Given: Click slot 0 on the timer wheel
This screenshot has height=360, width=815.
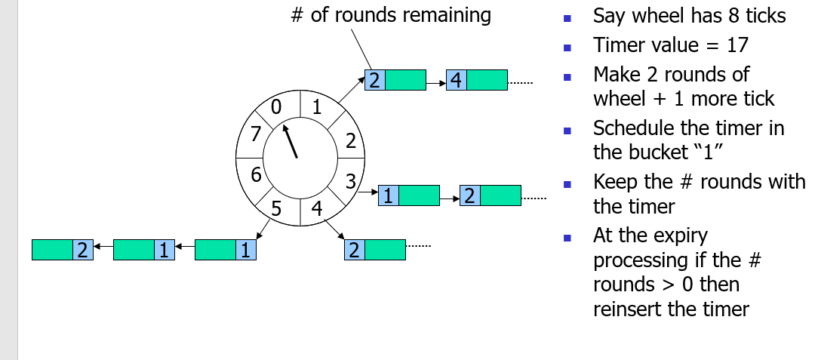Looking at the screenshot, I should pyautogui.click(x=275, y=107).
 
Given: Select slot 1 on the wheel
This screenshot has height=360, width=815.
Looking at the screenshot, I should pyautogui.click(x=318, y=107).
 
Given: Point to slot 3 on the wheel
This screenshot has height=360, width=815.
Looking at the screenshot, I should pyautogui.click(x=349, y=180).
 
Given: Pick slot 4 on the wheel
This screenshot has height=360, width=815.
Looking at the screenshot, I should pyautogui.click(x=318, y=209).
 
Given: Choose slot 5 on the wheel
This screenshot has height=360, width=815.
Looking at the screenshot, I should pyautogui.click(x=276, y=209).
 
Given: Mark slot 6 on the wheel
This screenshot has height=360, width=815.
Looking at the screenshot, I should pyautogui.click(x=256, y=175).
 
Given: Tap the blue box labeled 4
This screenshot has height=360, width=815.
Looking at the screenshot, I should pyautogui.click(x=456, y=79).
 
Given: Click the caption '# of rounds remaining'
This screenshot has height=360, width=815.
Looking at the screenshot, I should pyautogui.click(x=391, y=15).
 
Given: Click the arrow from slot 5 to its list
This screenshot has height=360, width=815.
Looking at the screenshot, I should pyautogui.click(x=263, y=228).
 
